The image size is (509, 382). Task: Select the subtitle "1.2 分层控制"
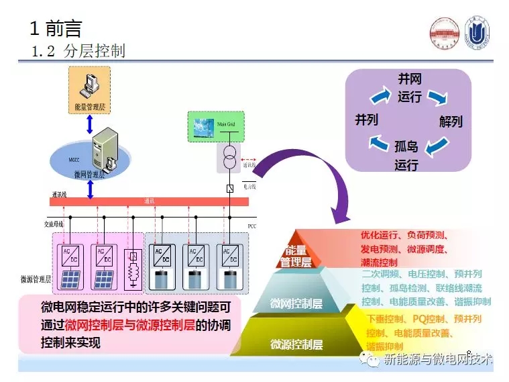pos(78,51)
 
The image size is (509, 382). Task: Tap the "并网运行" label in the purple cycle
pos(410,88)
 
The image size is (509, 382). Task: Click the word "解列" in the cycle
pos(451,122)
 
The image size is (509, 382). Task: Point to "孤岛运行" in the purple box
pos(406,155)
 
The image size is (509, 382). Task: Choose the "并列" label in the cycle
pos(366,120)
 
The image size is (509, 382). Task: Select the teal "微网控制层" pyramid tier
pos(296,303)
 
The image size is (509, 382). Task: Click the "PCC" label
pos(252,225)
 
